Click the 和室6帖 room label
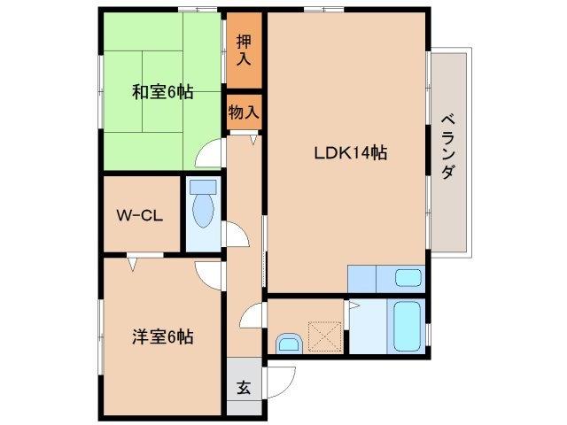(162, 92)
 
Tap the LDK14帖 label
(350, 152)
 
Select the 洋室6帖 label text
(163, 336)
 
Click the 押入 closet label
(244, 50)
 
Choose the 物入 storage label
(244, 112)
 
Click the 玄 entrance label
(243, 387)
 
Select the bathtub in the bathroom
(408, 326)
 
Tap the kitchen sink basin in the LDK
(408, 278)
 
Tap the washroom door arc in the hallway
(252, 314)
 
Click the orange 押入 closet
(244, 50)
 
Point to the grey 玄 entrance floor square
(243, 388)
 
